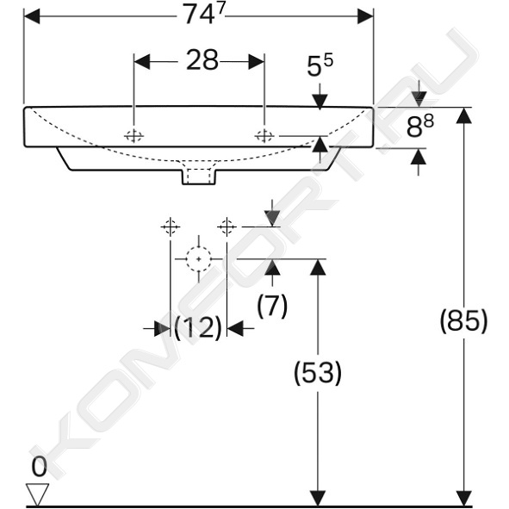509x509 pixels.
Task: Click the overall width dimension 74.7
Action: tap(204, 15)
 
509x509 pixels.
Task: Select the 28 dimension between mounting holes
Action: tap(202, 60)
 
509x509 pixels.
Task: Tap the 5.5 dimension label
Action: tap(320, 65)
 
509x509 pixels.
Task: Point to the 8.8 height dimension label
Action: tap(420, 126)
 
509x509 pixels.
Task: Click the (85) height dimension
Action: tap(463, 320)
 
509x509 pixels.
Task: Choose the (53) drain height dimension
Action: tap(318, 373)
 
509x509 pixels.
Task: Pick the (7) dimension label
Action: tap(272, 306)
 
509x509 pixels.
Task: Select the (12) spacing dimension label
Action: tap(198, 327)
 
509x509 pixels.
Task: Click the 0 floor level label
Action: tap(39, 467)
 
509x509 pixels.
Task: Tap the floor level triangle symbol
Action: tap(37, 494)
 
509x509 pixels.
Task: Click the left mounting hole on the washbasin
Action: tap(133, 136)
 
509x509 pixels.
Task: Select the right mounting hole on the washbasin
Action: tap(264, 136)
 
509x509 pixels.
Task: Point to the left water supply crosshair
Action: tap(171, 227)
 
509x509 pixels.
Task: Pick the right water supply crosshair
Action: tap(227, 227)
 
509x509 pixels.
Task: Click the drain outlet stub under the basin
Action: tap(199, 177)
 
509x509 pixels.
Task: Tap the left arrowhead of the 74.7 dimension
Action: tap(32, 16)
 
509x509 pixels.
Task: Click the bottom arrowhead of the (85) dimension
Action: tap(464, 498)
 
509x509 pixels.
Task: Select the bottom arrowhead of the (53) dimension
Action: tap(318, 498)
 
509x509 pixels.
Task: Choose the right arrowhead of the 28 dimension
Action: tap(257, 61)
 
